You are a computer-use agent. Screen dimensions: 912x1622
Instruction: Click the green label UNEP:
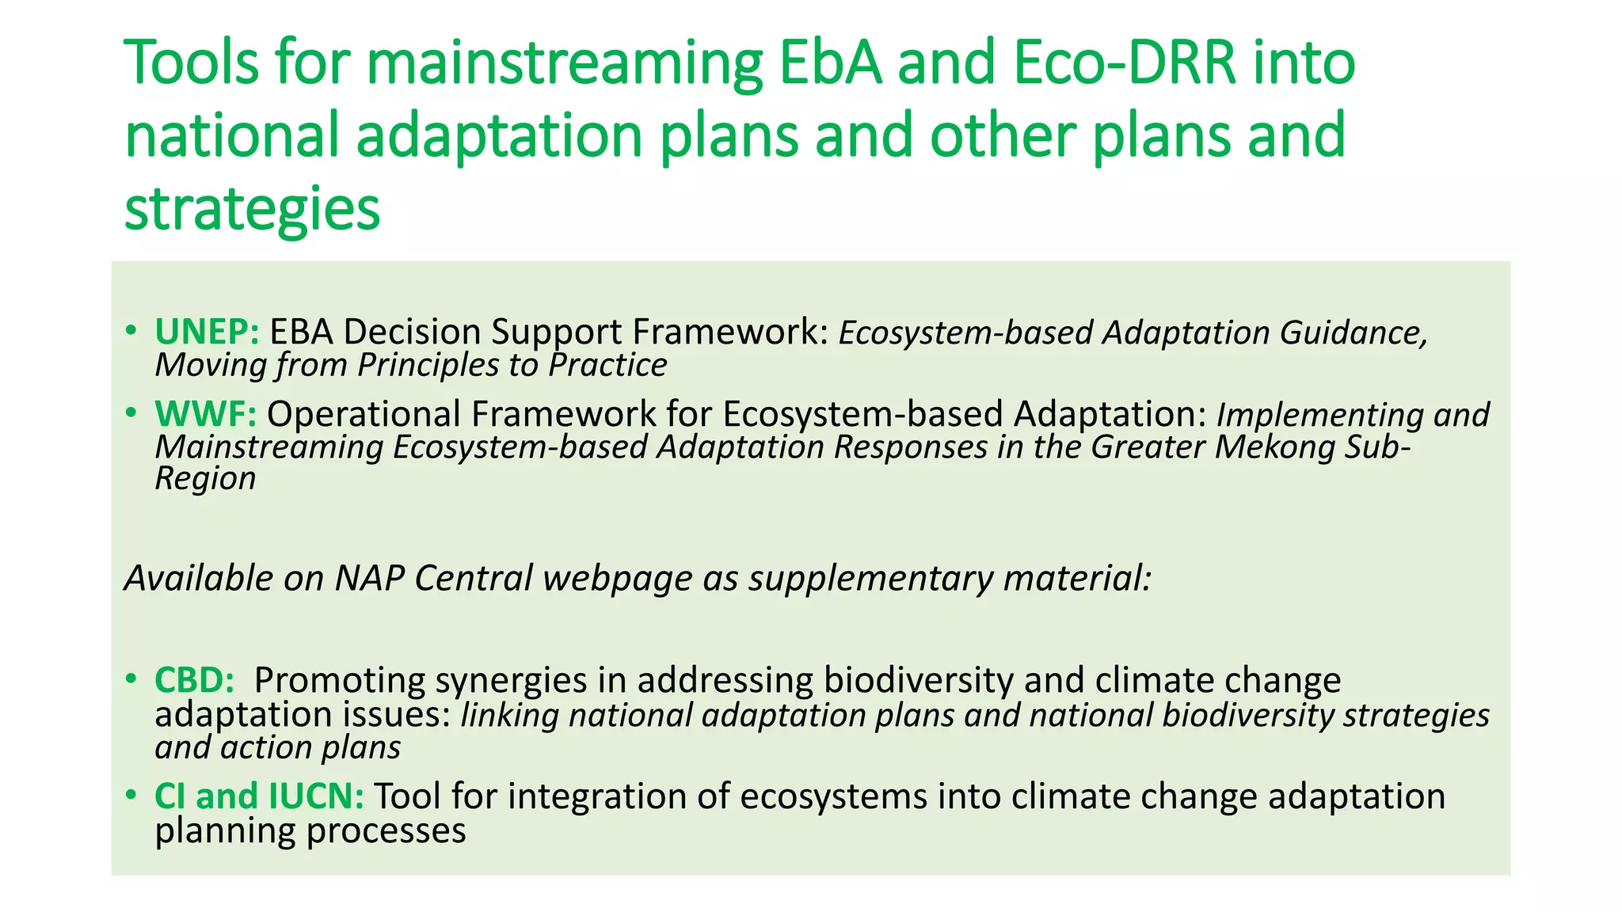coord(207,332)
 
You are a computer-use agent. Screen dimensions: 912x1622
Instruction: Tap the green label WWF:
coord(205,414)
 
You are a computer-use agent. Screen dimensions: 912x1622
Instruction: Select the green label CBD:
coord(194,680)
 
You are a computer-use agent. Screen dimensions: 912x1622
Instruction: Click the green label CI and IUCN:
coord(259,796)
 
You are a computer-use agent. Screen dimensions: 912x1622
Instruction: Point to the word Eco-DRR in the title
coord(1125,63)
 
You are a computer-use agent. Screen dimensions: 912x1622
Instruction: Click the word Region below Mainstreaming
coord(205,479)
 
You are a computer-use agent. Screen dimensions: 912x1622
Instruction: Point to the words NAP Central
coord(433,579)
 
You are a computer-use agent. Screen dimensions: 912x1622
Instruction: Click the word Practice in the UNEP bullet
coord(607,366)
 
